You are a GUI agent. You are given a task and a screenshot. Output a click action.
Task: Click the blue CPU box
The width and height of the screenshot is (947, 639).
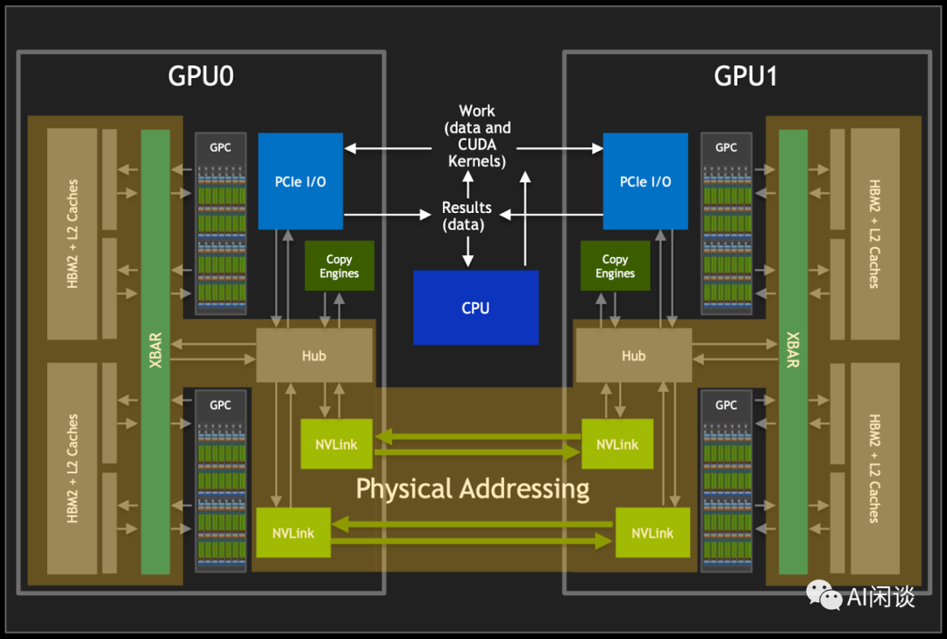(475, 308)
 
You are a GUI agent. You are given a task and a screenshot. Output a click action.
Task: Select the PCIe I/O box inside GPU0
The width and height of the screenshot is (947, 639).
(300, 181)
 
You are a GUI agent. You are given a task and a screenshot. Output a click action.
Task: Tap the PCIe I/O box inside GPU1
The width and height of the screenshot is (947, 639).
(645, 181)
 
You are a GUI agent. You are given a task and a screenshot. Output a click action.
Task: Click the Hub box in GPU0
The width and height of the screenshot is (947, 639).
(314, 356)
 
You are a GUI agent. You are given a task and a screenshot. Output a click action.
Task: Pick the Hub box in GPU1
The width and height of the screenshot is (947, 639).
(633, 356)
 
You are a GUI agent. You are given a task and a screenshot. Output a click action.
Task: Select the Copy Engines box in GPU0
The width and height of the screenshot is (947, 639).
(338, 266)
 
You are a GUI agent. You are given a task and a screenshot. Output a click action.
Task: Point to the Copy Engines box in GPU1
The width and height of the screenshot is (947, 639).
(615, 266)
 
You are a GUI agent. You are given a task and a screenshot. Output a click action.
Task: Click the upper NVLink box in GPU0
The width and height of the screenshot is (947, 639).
(336, 444)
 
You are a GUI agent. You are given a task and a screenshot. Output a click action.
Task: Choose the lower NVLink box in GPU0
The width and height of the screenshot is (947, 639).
(293, 532)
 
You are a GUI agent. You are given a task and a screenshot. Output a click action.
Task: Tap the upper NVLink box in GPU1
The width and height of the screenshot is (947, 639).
(617, 444)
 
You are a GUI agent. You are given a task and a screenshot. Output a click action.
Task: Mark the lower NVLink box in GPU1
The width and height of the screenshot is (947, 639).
(652, 532)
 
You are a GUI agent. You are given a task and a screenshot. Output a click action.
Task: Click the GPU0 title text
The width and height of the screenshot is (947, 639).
(201, 77)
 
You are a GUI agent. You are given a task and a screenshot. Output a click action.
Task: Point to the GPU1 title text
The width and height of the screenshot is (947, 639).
(745, 77)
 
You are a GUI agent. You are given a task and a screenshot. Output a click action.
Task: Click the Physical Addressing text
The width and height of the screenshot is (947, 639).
(473, 488)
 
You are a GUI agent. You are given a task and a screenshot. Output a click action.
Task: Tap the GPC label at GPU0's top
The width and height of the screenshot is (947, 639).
(221, 147)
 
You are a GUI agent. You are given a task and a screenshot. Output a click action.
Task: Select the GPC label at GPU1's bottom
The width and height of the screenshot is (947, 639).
(726, 405)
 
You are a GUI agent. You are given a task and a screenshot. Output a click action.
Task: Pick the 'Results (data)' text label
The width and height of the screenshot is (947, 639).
(466, 217)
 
